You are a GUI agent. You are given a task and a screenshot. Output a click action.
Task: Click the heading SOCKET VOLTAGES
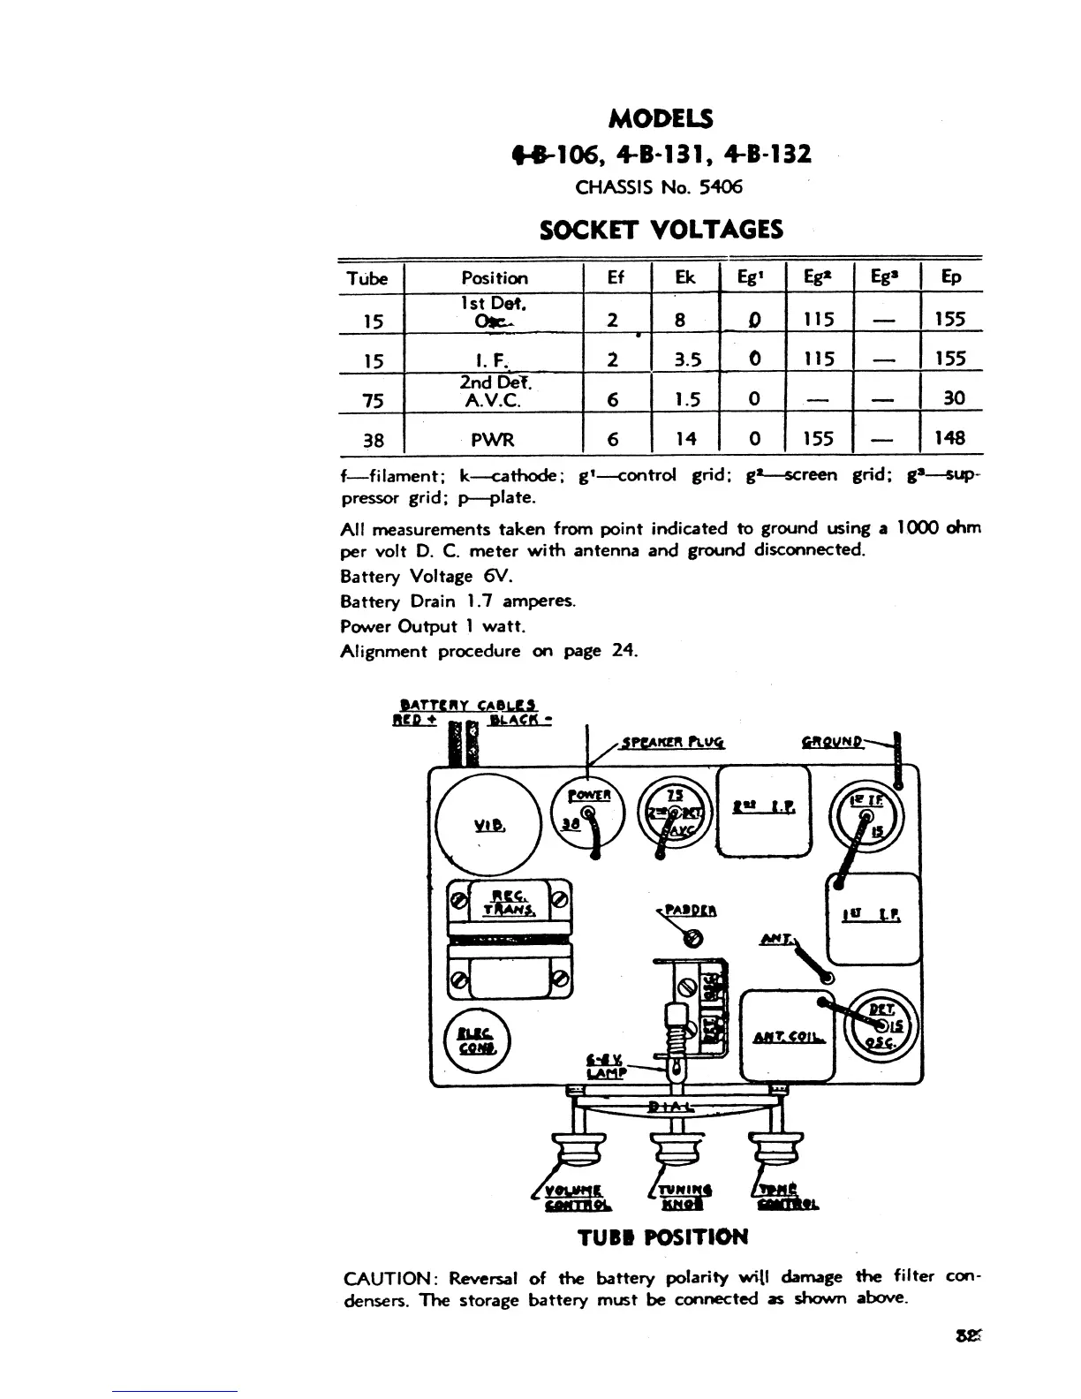point(661,231)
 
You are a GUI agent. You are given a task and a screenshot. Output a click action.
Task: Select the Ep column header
point(950,278)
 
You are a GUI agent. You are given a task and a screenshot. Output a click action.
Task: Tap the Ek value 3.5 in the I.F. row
point(685,359)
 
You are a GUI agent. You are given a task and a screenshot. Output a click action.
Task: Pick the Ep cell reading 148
point(950,438)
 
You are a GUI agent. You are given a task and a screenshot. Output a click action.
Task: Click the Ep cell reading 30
point(953,398)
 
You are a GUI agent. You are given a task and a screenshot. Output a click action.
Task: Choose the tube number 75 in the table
point(372,399)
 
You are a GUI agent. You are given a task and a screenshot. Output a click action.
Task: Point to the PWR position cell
point(494,439)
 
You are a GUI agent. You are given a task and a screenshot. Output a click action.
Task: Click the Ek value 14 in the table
point(685,438)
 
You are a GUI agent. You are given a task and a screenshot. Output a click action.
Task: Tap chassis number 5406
point(721,187)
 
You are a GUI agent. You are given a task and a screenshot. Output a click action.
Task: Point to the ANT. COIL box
point(788,1034)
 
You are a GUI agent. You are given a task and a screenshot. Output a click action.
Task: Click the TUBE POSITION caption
point(662,1236)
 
